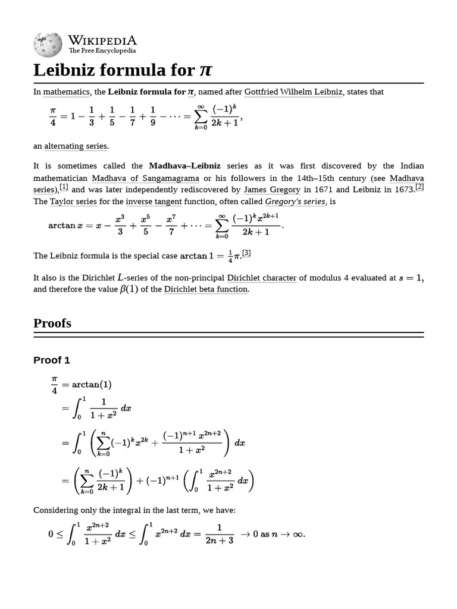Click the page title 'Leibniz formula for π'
pos(123,70)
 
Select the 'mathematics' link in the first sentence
pos(66,92)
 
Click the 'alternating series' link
pos(76,146)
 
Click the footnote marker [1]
pos(64,187)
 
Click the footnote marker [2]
pos(419,187)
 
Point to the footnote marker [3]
pos(246,253)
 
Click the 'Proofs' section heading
pos(52,324)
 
